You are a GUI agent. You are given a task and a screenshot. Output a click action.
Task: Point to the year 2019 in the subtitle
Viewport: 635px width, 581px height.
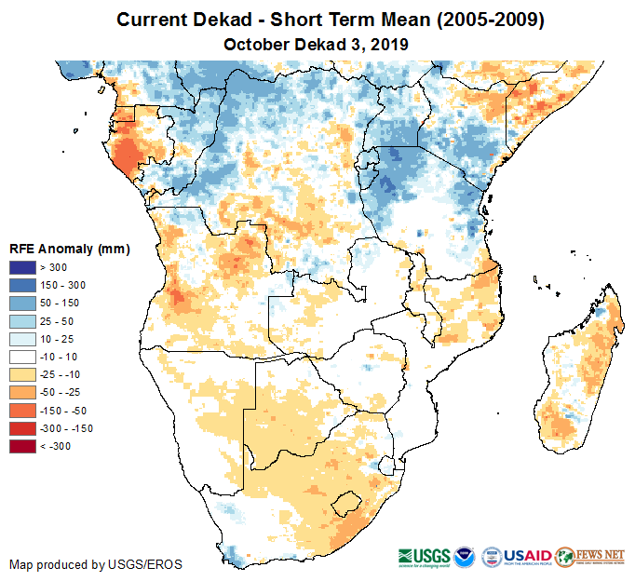[x=390, y=44]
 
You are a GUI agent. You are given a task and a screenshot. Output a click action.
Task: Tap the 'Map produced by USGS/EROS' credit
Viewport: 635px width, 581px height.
[x=96, y=564]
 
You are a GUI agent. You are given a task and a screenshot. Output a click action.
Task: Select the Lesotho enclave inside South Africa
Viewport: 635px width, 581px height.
[x=346, y=503]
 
